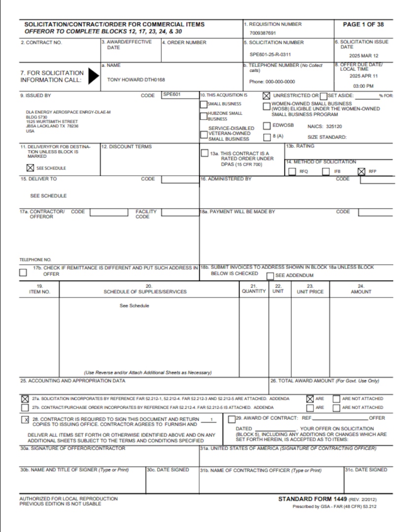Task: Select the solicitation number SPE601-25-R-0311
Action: pyautogui.click(x=270, y=54)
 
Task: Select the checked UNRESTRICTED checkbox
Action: pyautogui.click(x=267, y=96)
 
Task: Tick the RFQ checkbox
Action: pyautogui.click(x=292, y=171)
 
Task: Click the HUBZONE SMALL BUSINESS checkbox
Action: pyautogui.click(x=204, y=115)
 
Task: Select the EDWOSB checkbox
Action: pyautogui.click(x=267, y=126)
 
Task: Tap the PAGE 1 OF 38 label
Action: pyautogui.click(x=364, y=24)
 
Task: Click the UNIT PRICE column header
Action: pyautogui.click(x=310, y=292)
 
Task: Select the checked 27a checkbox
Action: pyautogui.click(x=25, y=399)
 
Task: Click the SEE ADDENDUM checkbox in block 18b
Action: pyautogui.click(x=270, y=276)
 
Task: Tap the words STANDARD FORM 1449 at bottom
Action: pyautogui.click(x=312, y=499)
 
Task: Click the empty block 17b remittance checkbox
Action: pyautogui.click(x=23, y=272)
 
